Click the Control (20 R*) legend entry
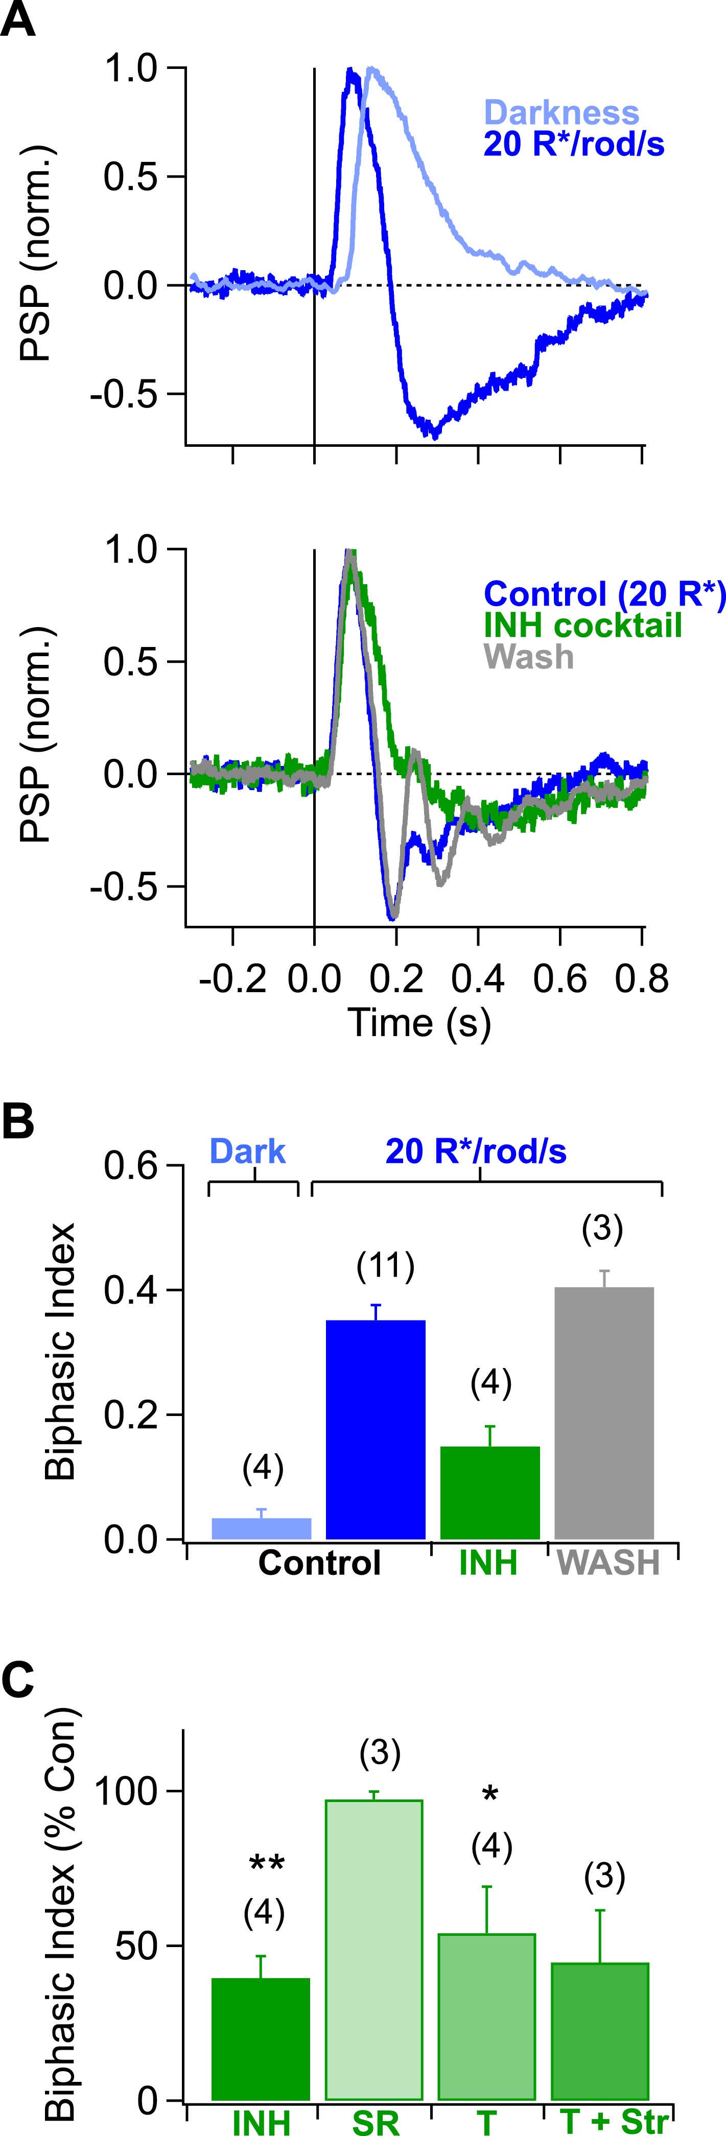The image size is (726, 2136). [x=604, y=594]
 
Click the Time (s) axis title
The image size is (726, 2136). [x=419, y=1022]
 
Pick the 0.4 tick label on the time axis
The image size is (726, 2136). [x=478, y=979]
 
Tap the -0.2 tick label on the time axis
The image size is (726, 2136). [x=232, y=979]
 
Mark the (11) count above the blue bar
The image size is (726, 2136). [x=385, y=1266]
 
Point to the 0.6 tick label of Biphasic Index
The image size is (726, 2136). [x=130, y=1166]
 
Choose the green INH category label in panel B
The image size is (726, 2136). [x=488, y=1563]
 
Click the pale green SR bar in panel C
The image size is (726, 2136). [x=374, y=1949]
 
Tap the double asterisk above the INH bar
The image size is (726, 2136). [x=266, y=1865]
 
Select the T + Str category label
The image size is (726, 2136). [x=613, y=2121]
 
